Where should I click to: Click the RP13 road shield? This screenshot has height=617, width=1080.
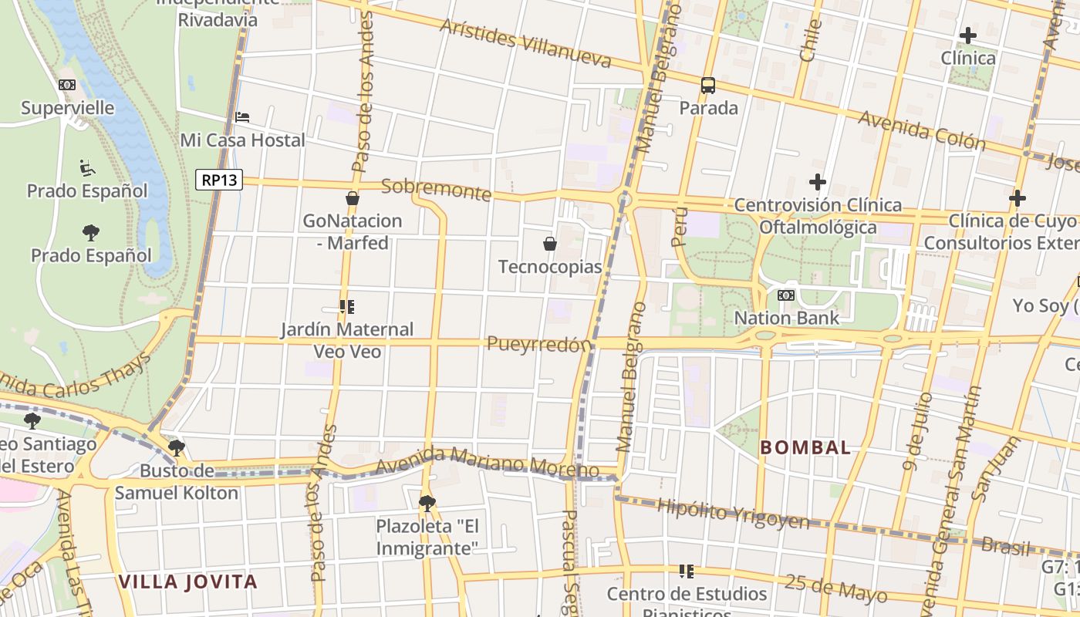(219, 180)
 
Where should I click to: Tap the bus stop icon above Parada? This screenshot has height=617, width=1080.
(707, 85)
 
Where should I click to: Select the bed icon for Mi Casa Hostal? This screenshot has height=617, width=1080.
(242, 117)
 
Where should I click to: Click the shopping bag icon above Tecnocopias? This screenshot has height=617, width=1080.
(550, 244)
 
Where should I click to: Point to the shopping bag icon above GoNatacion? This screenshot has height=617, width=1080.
(353, 198)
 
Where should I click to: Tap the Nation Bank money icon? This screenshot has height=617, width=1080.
(786, 295)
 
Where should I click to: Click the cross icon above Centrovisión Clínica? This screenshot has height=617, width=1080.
(818, 183)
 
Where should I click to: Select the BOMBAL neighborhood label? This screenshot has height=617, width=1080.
(805, 447)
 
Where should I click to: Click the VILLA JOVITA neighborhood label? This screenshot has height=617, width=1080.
(187, 582)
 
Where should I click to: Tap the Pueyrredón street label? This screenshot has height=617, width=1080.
(539, 344)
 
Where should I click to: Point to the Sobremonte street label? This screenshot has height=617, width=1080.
(436, 189)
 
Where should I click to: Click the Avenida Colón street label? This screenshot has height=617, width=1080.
(921, 130)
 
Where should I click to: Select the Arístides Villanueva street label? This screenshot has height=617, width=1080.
(525, 42)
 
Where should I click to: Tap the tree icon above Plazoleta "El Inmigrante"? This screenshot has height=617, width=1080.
(427, 504)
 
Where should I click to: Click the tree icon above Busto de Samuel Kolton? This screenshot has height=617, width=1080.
(177, 447)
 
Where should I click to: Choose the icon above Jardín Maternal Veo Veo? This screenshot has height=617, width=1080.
(346, 307)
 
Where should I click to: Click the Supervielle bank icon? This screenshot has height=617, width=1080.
(67, 85)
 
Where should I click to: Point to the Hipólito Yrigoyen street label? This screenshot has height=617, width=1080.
(733, 514)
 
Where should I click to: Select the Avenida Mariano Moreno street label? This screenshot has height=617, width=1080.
(488, 461)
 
